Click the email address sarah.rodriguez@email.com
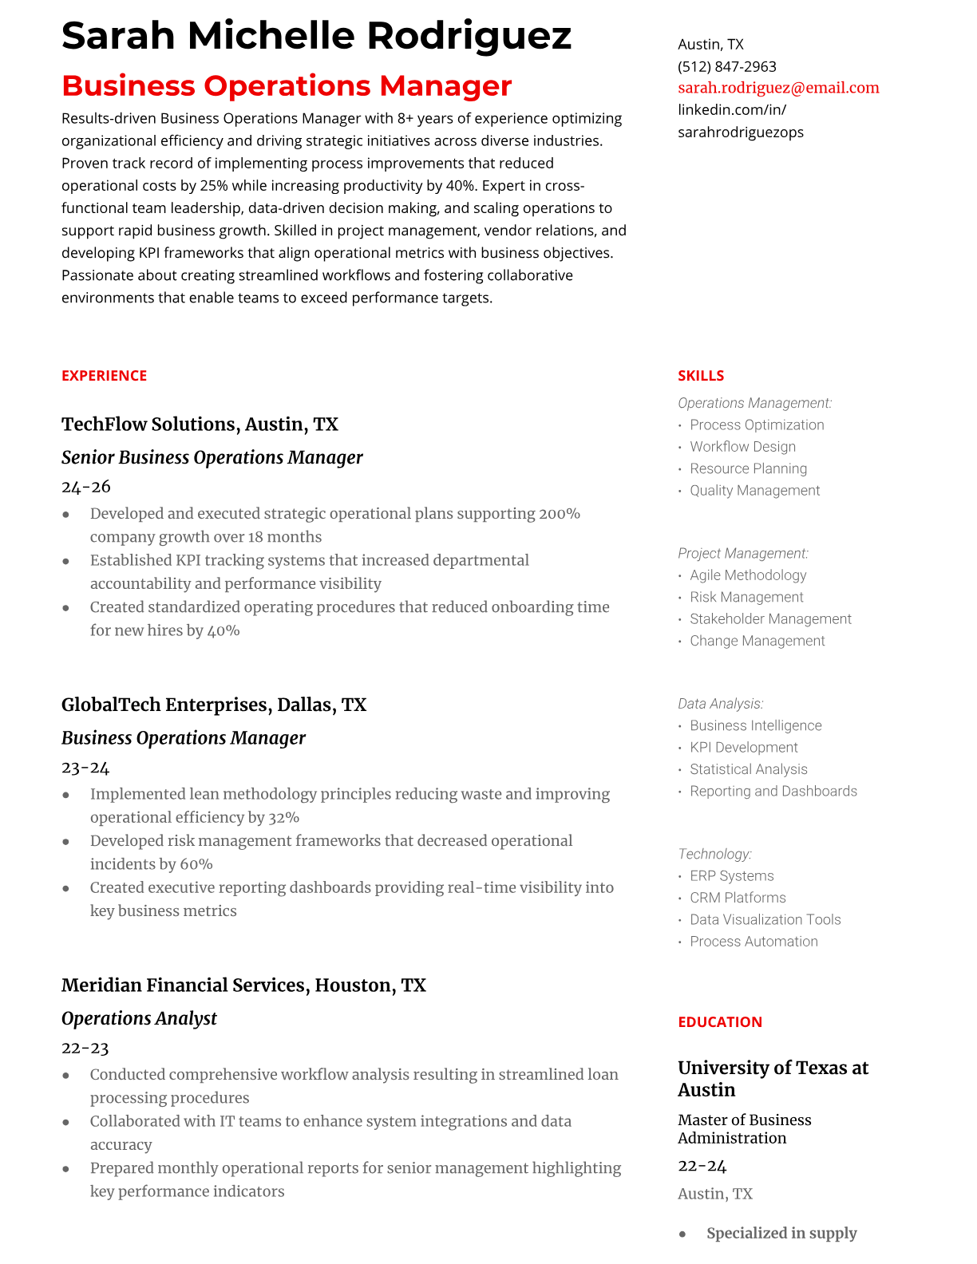point(778,88)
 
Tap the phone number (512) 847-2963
point(726,66)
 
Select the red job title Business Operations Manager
point(287,85)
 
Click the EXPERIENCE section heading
point(104,375)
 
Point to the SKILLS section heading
point(700,375)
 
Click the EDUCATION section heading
point(719,1021)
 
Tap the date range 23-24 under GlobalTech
point(85,767)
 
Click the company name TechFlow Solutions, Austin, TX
point(200,424)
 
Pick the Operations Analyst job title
point(139,1018)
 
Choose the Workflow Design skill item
point(742,447)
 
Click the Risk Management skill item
point(746,597)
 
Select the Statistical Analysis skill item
point(748,769)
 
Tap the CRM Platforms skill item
point(738,898)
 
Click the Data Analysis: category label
point(720,703)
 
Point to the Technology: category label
point(714,854)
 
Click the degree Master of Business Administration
point(744,1128)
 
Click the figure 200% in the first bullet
point(559,513)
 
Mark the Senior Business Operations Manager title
point(212,457)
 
